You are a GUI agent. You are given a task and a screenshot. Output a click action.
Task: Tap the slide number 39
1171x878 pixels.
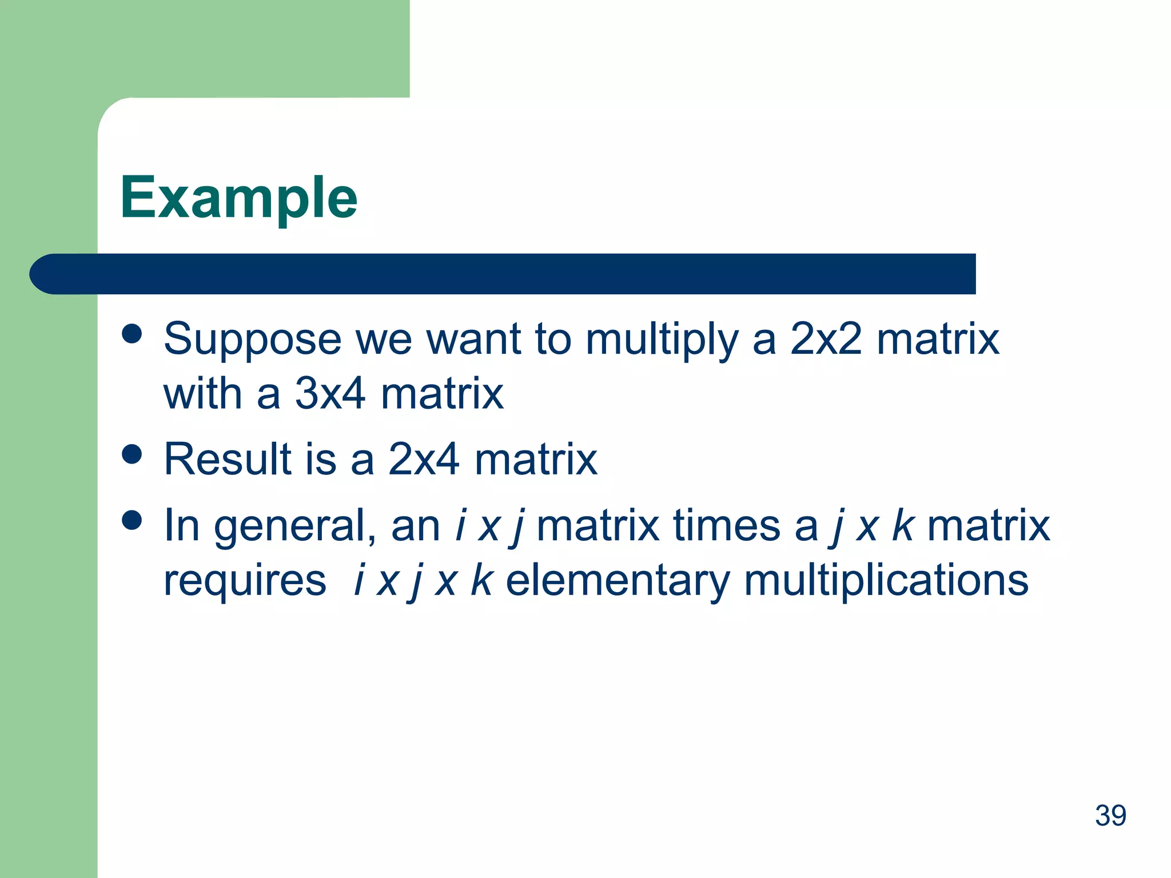coord(1110,816)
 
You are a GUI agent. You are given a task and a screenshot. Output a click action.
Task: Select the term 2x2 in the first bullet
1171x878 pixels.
coord(826,339)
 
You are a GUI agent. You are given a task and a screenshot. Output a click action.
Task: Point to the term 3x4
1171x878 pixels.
coord(330,394)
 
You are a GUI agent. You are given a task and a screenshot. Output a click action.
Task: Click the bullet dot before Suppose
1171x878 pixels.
coord(132,334)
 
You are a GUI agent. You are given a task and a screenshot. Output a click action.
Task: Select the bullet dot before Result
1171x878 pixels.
coord(132,454)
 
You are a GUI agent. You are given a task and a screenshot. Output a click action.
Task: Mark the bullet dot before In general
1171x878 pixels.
coord(132,520)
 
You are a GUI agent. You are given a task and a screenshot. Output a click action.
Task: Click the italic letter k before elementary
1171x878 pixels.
coord(481,580)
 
